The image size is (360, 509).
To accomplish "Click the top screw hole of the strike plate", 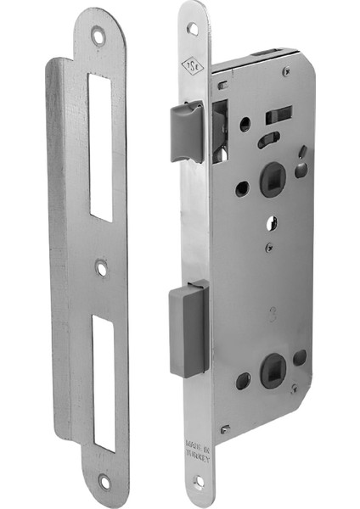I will [99, 36].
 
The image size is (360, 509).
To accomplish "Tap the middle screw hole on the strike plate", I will [102, 269].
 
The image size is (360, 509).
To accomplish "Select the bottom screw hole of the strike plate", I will [104, 482].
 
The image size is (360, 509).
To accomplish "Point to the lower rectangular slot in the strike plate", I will [104, 382].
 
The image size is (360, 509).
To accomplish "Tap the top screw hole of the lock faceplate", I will [193, 28].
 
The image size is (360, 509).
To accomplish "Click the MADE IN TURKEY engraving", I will [196, 436].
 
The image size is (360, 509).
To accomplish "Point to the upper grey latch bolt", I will [187, 131].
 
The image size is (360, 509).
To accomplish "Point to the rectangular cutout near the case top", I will [278, 115].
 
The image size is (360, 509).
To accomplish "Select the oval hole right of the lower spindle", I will [300, 357].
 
